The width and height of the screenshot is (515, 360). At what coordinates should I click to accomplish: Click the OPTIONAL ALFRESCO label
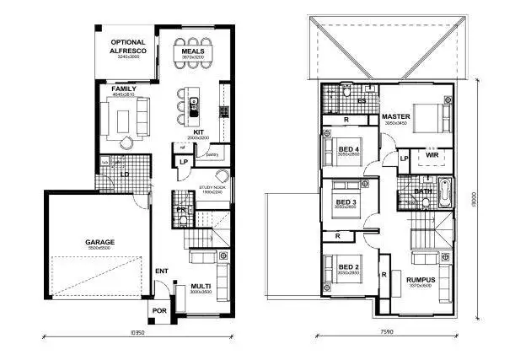coord(127,46)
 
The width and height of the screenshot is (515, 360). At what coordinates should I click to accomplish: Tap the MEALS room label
coord(191,51)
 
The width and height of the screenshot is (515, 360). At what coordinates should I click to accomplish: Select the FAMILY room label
coord(125,88)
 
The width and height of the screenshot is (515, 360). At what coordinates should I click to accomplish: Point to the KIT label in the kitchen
coord(200,132)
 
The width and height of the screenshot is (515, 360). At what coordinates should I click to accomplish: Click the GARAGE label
coord(99,242)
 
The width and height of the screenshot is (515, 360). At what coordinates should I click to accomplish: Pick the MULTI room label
coord(200,287)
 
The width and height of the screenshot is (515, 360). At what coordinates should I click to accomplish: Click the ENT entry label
coord(162,271)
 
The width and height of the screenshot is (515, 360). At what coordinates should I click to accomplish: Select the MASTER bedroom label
coord(395,117)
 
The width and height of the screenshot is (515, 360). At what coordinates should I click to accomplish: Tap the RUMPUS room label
coord(419,280)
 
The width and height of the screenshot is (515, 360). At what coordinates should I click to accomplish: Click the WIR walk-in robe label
coord(431,155)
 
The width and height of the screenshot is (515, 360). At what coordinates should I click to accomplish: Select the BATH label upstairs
coord(423,191)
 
